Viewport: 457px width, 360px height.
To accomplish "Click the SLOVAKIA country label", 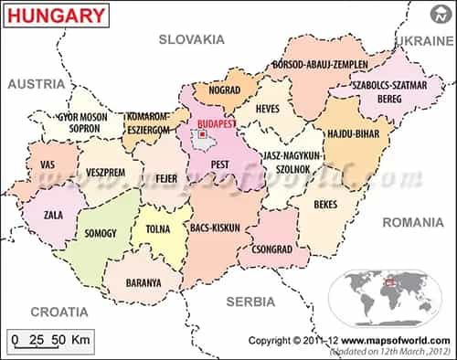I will [x=191, y=39].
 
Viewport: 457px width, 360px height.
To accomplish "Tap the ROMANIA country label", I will [x=412, y=222].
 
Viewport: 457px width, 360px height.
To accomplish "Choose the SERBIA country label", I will [x=251, y=301].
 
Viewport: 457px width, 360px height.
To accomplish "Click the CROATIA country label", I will [x=59, y=312].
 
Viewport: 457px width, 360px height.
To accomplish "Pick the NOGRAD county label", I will [x=224, y=90].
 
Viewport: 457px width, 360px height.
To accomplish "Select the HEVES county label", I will [x=268, y=109].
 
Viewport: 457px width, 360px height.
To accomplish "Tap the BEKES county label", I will [x=325, y=206].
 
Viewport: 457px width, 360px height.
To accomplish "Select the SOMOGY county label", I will [x=101, y=233].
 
